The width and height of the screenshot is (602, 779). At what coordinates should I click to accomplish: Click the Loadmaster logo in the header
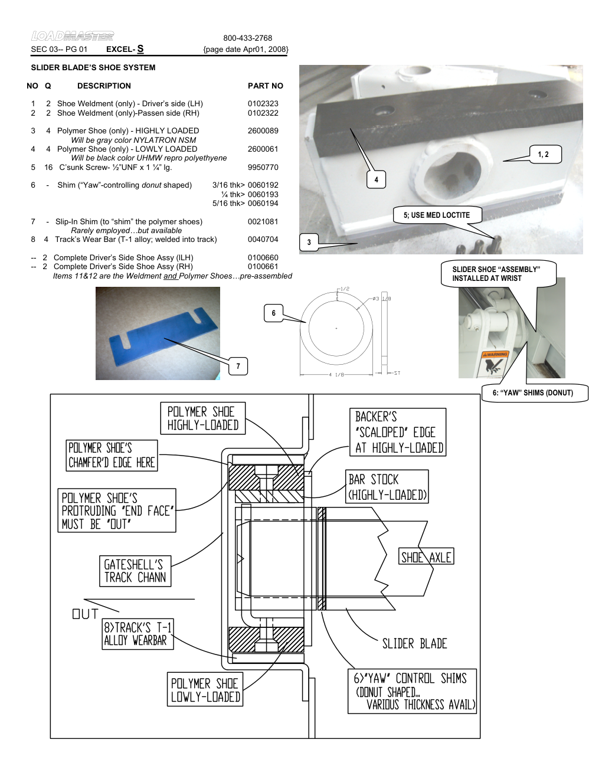(x=72, y=37)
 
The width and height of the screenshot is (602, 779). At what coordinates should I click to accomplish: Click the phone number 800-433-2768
(x=247, y=38)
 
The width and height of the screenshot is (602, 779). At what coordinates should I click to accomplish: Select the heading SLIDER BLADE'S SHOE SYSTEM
(x=93, y=68)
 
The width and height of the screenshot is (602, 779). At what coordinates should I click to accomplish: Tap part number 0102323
(x=263, y=104)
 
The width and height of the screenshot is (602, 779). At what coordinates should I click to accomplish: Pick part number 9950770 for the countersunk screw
(x=263, y=168)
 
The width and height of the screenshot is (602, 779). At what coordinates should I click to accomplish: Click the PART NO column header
(x=265, y=86)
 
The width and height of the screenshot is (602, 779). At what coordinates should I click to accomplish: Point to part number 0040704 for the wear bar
(x=263, y=240)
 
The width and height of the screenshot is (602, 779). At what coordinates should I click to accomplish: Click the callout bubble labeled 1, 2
(x=543, y=155)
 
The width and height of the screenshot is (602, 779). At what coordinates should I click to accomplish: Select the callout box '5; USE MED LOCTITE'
(x=437, y=215)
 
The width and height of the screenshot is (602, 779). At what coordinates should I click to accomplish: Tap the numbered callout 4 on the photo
(x=376, y=180)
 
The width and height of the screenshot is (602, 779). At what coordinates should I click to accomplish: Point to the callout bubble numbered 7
(x=238, y=366)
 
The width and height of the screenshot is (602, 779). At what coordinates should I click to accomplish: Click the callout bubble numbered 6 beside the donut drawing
(x=273, y=313)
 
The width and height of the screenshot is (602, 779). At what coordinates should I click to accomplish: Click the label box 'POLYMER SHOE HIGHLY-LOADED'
(x=202, y=418)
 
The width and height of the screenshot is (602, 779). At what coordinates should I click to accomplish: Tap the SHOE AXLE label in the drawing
(x=426, y=557)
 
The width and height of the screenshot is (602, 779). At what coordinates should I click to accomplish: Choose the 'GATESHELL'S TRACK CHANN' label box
(x=135, y=571)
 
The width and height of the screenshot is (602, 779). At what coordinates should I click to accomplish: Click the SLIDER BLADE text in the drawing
(x=414, y=644)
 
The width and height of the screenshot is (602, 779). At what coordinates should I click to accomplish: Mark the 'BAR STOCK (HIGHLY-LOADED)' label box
(x=387, y=487)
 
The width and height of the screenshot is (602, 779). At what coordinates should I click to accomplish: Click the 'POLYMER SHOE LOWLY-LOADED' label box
(x=205, y=690)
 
